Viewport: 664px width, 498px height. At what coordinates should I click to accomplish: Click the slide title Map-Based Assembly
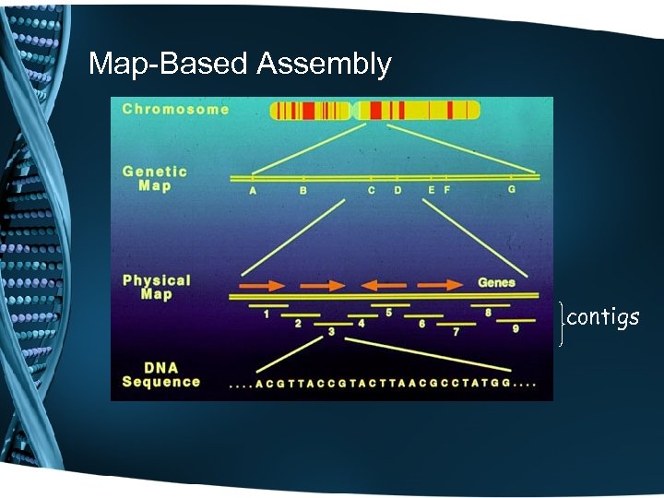coord(240,64)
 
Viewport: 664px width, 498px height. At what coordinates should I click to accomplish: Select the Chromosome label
coord(175,109)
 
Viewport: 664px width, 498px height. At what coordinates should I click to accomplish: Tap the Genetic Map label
coord(154,178)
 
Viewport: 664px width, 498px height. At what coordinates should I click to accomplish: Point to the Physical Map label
coord(156,287)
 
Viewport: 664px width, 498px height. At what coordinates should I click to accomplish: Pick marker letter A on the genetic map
coord(253,191)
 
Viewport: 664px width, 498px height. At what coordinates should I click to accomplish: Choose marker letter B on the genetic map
coord(302,191)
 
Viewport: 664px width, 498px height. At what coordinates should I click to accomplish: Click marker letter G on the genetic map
coord(512,190)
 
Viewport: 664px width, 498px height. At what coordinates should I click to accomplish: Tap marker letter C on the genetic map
coord(371,191)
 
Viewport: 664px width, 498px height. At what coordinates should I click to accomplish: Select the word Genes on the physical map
coord(496,281)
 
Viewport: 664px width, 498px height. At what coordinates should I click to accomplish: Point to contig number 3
coord(331,331)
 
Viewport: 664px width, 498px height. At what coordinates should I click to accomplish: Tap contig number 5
coord(388,314)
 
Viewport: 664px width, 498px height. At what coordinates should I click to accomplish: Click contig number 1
coord(266,314)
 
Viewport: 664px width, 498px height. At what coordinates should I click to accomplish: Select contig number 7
coord(456,331)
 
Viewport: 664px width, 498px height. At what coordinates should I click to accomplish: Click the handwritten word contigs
coord(602,318)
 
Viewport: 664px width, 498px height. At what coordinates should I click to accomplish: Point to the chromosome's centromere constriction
coord(354,111)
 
